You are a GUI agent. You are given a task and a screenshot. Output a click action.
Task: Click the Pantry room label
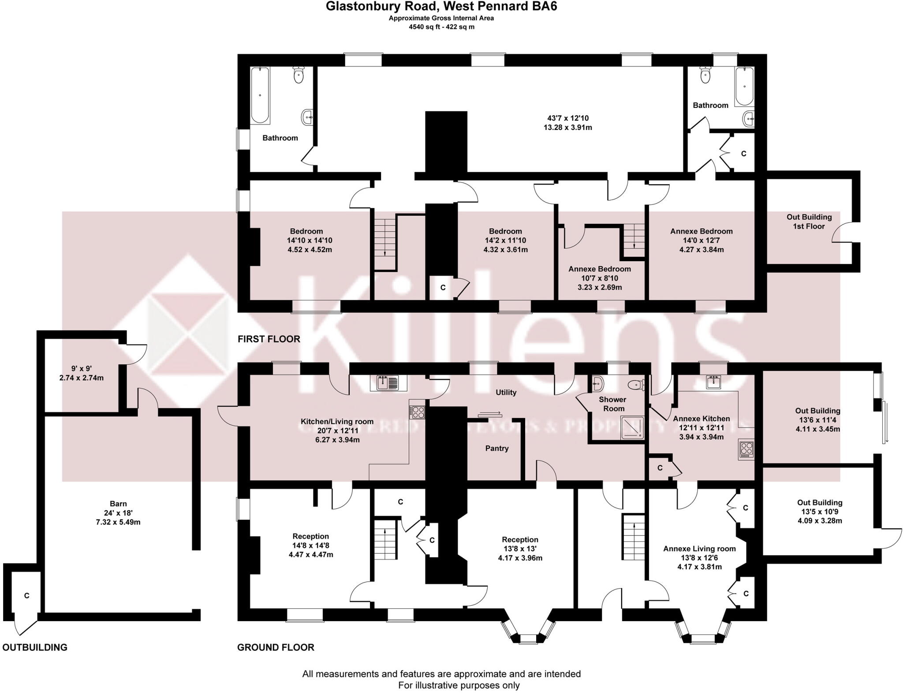coord(497,448)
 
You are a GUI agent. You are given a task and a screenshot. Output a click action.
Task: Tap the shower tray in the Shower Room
coord(632,428)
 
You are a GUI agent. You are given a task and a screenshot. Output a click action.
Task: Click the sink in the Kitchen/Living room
coord(388,382)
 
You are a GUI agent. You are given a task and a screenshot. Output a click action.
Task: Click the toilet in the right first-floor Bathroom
coord(705,75)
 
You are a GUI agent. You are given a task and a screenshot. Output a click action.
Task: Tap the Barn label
coord(118,504)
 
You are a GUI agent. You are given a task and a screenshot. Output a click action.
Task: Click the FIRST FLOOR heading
coord(269,339)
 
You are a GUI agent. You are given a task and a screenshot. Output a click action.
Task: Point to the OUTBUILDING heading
coord(35,647)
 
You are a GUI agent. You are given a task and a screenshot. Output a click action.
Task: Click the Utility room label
coord(506,392)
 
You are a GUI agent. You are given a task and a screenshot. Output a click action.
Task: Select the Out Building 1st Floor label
coord(809,222)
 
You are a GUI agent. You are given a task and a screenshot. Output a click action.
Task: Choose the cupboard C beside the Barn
coord(26,596)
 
